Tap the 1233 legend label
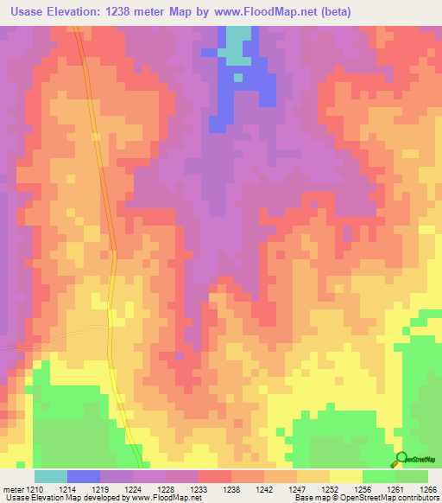[199, 488]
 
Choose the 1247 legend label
[297, 488]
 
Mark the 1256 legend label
[363, 488]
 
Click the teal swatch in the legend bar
[51, 476]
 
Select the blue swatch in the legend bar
[84, 476]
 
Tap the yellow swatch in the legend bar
[346, 476]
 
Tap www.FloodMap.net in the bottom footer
[165, 499]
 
